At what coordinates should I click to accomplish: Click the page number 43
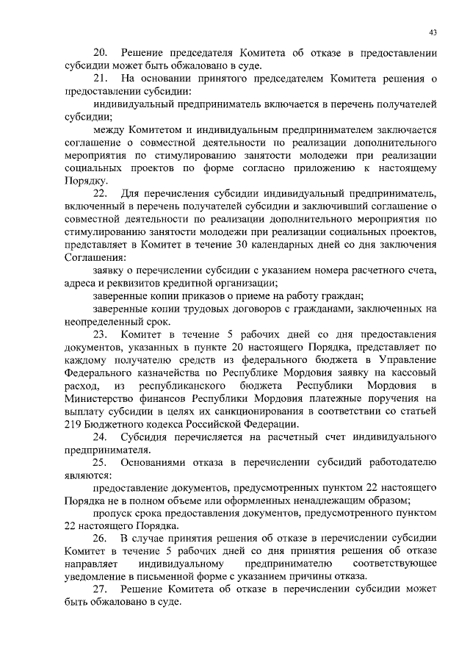433,32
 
